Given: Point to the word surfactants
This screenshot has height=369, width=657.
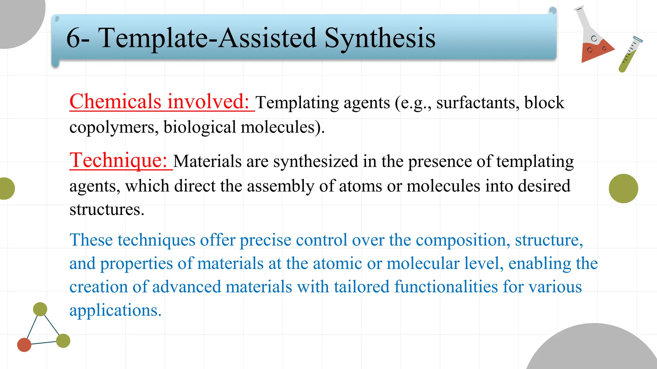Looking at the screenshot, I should (478, 103).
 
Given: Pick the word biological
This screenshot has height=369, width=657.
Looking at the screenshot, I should (200, 127).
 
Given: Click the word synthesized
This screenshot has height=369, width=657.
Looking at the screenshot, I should (316, 161).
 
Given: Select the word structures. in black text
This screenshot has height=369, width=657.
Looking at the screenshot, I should (107, 210).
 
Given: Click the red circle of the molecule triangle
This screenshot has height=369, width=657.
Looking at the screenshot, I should (24, 345).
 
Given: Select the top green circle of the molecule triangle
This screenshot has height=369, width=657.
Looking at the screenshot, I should (40, 309).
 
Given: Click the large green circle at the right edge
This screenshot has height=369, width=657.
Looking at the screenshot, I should (623, 189).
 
